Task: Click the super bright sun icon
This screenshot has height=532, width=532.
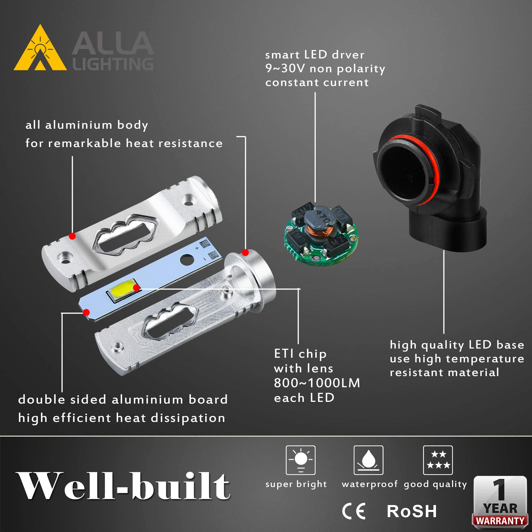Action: coord(300,460)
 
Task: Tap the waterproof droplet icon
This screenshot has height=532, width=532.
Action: coord(368,460)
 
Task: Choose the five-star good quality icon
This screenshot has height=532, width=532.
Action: coord(438,460)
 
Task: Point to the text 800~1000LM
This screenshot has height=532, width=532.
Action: coord(317,383)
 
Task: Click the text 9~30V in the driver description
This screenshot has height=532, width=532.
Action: coord(285,69)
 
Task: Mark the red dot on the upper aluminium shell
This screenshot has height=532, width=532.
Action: coord(72,236)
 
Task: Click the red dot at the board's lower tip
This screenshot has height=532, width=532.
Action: coord(86,312)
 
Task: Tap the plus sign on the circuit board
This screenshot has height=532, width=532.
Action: coord(197,248)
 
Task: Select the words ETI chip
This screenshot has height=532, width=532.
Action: coord(300,354)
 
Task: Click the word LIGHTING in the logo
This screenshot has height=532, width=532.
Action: coord(113,64)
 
